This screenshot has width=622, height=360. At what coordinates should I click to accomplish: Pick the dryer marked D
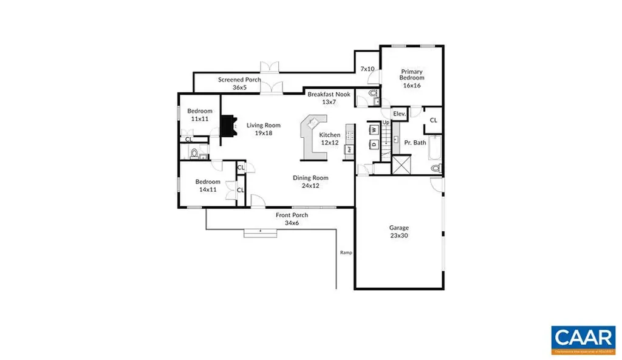(374, 144)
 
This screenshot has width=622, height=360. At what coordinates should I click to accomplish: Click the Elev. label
(399, 114)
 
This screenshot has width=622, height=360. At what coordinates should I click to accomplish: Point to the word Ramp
(346, 253)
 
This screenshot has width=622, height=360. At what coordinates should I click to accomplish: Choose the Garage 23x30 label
(399, 231)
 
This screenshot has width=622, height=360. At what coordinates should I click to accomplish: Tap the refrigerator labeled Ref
(350, 148)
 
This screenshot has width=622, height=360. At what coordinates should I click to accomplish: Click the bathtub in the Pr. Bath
(433, 148)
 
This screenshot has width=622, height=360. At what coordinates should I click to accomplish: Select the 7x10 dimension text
(367, 69)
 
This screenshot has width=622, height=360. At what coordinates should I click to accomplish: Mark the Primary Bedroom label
(411, 78)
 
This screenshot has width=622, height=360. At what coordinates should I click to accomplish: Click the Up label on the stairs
(385, 123)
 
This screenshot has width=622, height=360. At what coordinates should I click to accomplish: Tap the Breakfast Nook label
(329, 98)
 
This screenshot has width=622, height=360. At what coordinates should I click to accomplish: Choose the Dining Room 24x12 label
(310, 182)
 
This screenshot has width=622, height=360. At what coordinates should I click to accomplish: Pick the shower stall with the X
(402, 165)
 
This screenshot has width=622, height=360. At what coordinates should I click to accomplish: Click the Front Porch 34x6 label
(292, 219)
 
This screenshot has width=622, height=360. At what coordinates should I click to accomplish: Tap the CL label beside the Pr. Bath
(433, 120)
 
